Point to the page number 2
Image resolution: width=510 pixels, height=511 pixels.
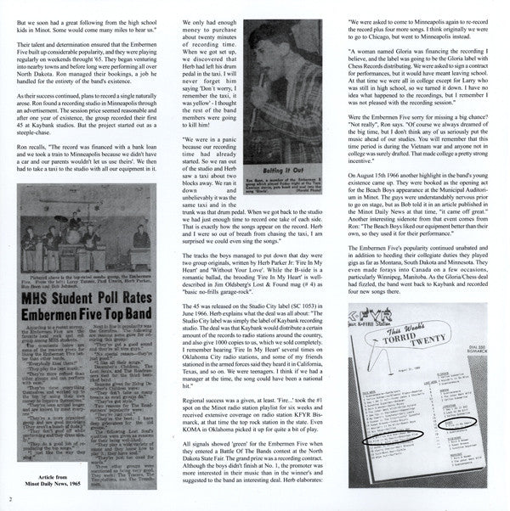(10, 499)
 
